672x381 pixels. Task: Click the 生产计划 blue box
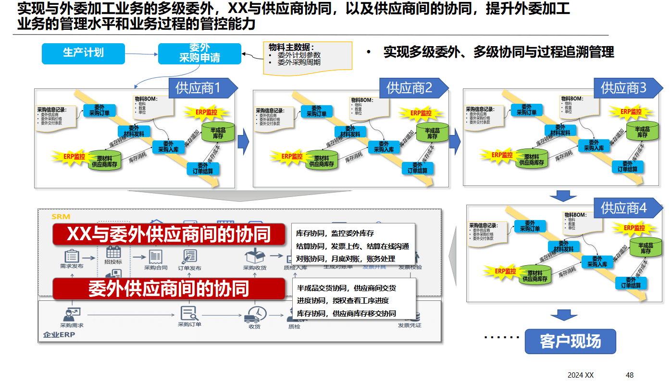83,53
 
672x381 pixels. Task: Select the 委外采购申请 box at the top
199,53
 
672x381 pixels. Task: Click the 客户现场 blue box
570,342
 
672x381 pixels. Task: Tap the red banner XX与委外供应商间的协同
169,234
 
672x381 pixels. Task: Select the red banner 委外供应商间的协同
169,288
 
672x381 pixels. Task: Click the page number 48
630,375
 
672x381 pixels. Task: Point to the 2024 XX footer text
581,375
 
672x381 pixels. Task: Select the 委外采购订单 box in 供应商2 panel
316,111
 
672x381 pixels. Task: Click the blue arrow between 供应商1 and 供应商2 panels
244,141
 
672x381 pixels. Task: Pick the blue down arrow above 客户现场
563,315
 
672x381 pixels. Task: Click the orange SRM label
61,217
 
